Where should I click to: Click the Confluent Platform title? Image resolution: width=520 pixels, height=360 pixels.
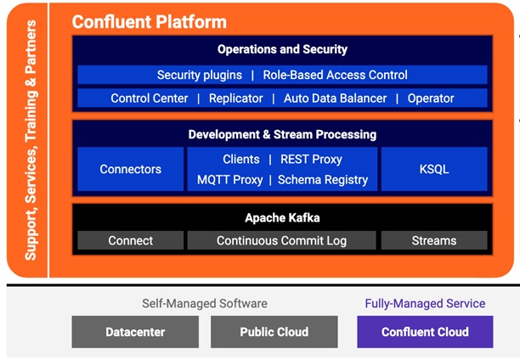point(149,21)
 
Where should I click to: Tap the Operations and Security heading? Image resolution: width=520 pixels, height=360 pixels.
point(282,49)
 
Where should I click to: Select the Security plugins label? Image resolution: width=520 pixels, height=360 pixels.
point(200,75)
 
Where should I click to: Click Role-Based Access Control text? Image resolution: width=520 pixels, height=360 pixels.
point(335,75)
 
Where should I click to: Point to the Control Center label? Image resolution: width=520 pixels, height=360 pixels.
point(150,98)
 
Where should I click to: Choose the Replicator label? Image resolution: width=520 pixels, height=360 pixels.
point(235,98)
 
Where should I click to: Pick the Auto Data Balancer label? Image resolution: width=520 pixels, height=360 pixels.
point(335,98)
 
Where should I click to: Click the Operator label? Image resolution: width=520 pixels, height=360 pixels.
point(431,98)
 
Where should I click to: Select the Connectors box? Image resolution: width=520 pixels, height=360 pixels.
point(130,169)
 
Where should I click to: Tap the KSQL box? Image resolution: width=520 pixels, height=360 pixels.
point(434,169)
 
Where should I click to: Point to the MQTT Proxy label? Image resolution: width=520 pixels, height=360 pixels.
point(229,179)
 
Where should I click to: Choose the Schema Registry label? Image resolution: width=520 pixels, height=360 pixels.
point(323,179)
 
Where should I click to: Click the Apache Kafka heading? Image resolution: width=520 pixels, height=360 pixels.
point(282,217)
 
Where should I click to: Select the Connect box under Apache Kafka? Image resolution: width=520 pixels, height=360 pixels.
point(130,240)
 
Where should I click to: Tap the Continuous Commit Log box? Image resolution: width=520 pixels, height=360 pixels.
point(281,240)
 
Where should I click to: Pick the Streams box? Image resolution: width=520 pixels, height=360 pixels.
point(434,240)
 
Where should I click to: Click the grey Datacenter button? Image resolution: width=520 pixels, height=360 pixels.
point(135,331)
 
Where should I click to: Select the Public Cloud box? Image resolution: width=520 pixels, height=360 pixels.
point(274,331)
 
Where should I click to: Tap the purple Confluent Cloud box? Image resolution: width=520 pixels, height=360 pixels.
point(425,331)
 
